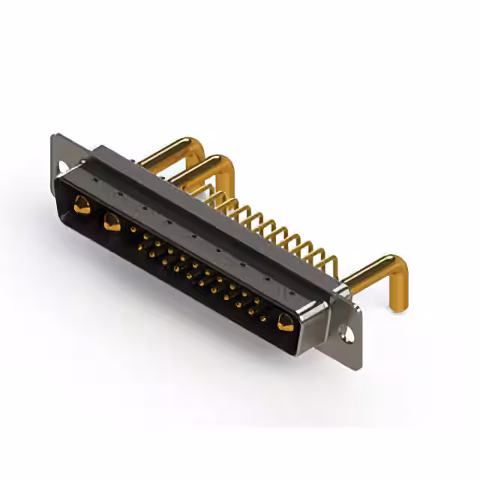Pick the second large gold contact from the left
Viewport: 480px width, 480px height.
[112, 221]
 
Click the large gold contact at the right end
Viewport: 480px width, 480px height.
[285, 323]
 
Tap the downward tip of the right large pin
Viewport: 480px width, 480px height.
[395, 303]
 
